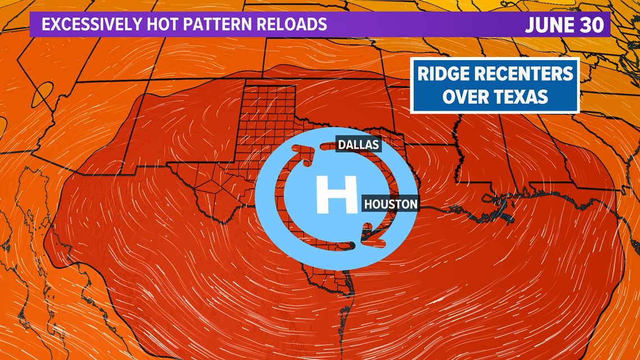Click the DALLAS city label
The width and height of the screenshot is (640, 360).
[x=358, y=145]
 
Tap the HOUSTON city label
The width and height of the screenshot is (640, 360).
[x=391, y=204]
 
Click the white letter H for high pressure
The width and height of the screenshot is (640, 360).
[x=336, y=194]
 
